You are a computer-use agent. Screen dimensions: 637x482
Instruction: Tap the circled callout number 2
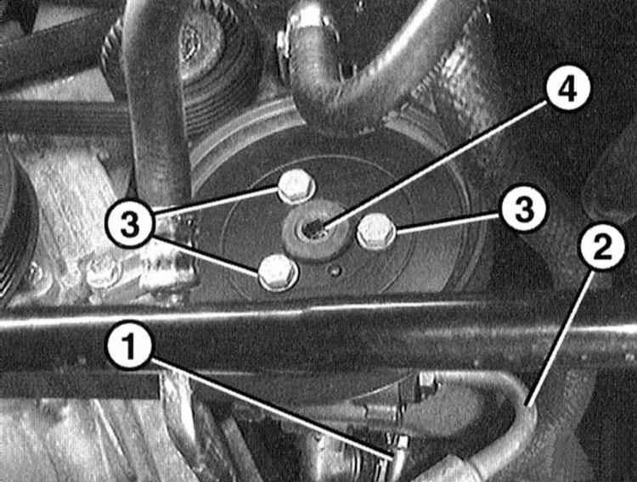tap(603, 247)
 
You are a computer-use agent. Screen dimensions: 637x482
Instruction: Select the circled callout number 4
tap(567, 91)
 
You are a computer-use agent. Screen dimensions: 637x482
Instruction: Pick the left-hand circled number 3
tap(130, 225)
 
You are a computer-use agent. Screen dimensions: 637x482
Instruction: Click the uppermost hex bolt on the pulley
tap(297, 187)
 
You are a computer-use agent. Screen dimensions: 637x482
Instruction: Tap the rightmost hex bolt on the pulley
tap(376, 232)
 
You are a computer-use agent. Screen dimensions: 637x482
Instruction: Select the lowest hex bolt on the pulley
tap(279, 272)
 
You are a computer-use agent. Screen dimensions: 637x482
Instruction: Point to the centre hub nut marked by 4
tap(316, 231)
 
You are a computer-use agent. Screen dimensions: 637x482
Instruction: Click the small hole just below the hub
tap(335, 271)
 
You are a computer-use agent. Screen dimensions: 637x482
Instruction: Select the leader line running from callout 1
tap(272, 409)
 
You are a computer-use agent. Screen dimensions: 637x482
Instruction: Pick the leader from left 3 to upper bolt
tap(216, 202)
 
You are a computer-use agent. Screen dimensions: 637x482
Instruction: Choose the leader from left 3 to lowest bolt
tap(206, 256)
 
